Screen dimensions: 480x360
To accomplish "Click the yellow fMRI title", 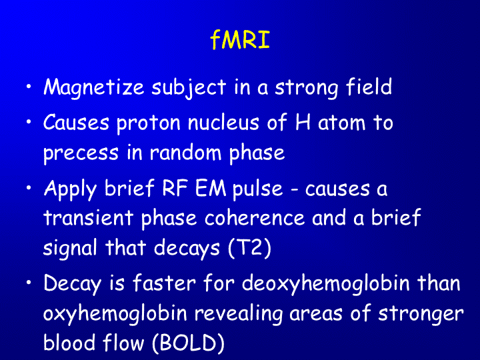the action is point(240,39).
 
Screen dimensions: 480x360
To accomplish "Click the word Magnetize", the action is point(94,88).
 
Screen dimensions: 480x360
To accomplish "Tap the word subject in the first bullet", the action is point(189,88).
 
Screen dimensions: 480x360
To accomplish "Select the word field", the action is point(369,87).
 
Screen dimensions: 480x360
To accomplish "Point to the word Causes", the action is point(76,123).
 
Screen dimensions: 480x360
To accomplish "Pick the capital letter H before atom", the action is point(303,123).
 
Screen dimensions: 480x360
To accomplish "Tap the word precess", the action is point(81,154).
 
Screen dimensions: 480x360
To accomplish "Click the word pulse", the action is point(257,189).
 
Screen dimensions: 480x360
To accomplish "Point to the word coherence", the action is point(255,217).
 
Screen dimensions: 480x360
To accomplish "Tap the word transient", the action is point(88,217).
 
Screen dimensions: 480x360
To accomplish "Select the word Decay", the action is point(72,284).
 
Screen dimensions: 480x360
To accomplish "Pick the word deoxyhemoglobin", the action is point(326,284).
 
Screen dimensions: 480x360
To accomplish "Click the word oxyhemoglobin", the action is point(115,314).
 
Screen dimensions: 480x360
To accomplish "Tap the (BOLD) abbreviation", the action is point(188,343).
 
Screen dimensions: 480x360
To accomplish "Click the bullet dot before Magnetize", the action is point(29,87).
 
